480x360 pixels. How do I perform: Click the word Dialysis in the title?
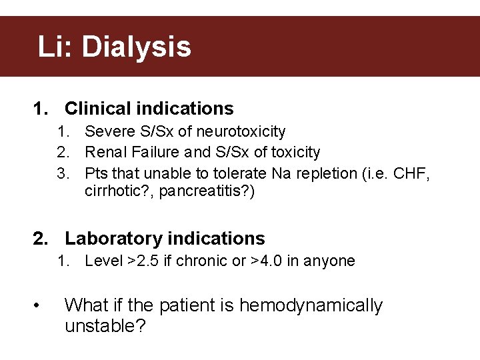pos(136,47)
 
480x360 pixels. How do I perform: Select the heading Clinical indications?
pos(149,109)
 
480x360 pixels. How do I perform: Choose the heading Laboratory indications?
pos(165,239)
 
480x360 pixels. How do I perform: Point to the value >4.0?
pos(267,261)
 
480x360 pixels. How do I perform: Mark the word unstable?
pos(105,327)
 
